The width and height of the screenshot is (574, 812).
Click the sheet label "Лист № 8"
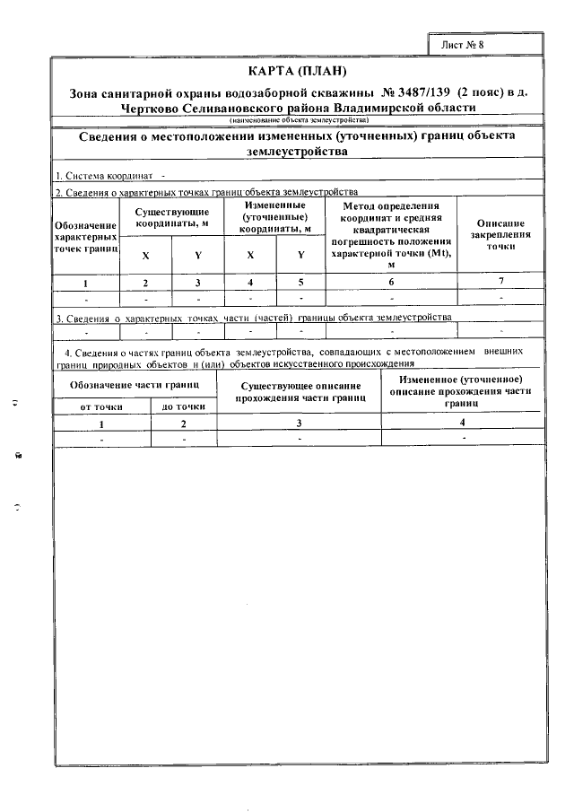tap(468, 43)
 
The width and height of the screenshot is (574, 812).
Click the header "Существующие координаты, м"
tap(172, 216)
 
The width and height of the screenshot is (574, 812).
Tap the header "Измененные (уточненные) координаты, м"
tap(275, 216)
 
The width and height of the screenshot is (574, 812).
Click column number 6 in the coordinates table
tap(391, 283)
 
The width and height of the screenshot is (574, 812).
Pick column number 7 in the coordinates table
tap(500, 283)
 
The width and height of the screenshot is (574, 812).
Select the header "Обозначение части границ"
tap(135, 386)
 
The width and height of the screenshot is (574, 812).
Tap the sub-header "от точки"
tap(100, 406)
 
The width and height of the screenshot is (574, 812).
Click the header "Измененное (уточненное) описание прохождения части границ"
tap(462, 392)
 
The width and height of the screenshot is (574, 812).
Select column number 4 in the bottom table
tap(462, 422)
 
